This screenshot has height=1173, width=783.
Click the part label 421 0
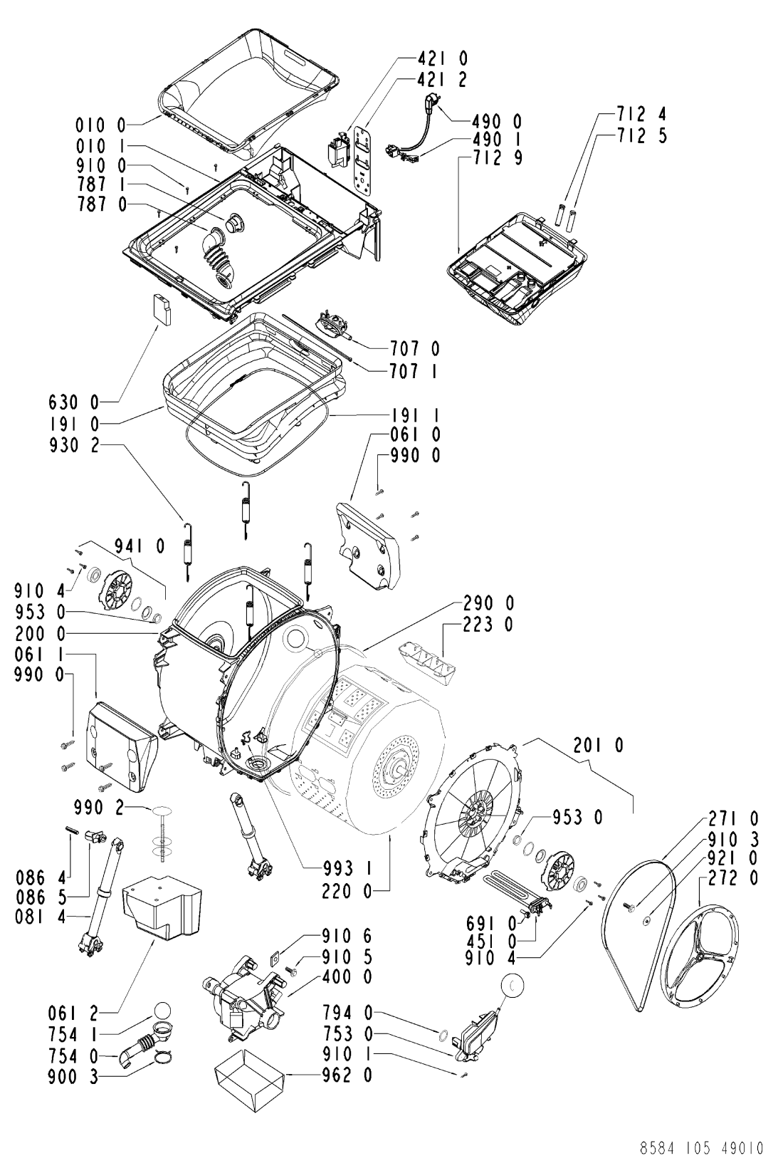click(x=442, y=58)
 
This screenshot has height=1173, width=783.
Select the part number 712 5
click(x=641, y=135)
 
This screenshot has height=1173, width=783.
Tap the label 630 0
click(x=73, y=402)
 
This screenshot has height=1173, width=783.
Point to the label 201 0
click(x=598, y=745)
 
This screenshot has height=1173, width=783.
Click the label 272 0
click(x=732, y=877)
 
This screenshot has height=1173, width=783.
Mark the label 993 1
click(x=347, y=869)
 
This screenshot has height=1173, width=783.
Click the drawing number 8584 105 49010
click(x=702, y=1148)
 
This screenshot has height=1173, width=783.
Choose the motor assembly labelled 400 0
click(x=241, y=1003)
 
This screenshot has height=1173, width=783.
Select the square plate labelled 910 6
click(x=274, y=956)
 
